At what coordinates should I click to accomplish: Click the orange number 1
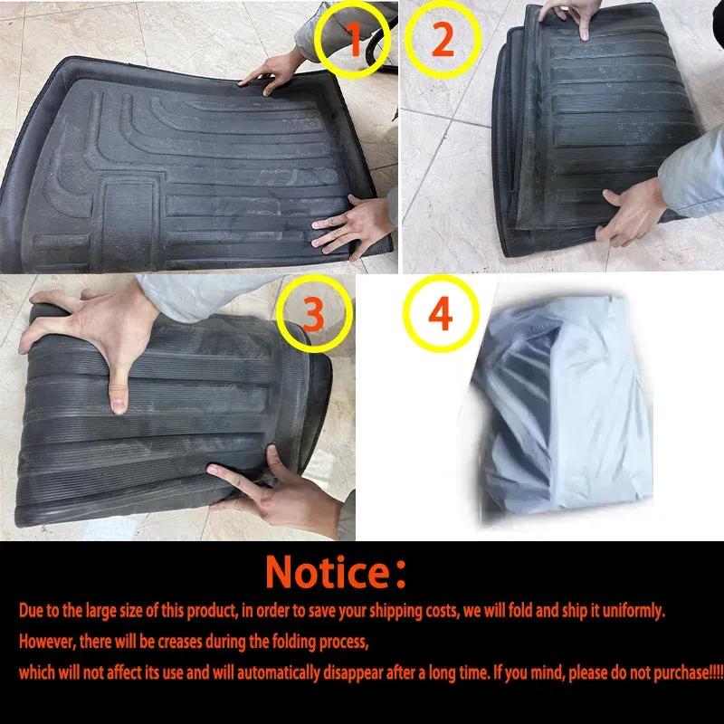(x=355, y=42)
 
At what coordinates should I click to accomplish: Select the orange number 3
(x=313, y=313)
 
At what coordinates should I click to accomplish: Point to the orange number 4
(x=439, y=314)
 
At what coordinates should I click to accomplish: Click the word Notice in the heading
(x=327, y=573)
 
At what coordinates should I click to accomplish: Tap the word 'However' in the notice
(x=47, y=641)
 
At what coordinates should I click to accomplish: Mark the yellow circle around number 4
(x=439, y=315)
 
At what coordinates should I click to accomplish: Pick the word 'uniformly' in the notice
(x=630, y=611)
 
